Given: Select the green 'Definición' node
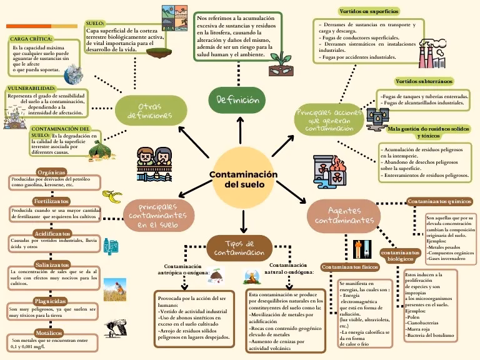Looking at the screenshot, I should pyautogui.click(x=237, y=100).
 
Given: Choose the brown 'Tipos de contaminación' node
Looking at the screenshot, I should pyautogui.click(x=239, y=247).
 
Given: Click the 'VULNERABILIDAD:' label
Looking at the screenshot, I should pyautogui.click(x=31, y=88).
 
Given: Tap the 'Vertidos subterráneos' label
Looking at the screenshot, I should pyautogui.click(x=424, y=81).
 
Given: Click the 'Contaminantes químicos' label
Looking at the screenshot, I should pyautogui.click(x=438, y=201).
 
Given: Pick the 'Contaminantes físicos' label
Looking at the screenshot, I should pyautogui.click(x=350, y=267).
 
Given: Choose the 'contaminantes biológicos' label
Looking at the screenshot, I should pyautogui.click(x=400, y=255).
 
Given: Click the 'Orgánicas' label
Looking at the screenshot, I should pyautogui.click(x=51, y=172).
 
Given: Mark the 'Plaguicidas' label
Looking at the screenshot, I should pyautogui.click(x=51, y=301).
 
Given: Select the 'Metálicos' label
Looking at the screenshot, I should pyautogui.click(x=49, y=332).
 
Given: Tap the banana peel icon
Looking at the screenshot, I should pyautogui.click(x=114, y=198).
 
